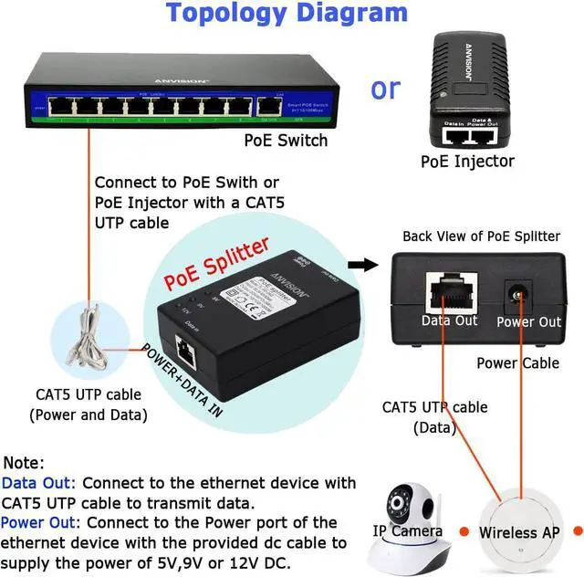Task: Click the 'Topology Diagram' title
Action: pyautogui.click(x=287, y=14)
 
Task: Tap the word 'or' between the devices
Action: pyautogui.click(x=385, y=89)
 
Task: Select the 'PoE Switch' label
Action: pyautogui.click(x=286, y=140)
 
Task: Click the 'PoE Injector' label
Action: pyautogui.click(x=467, y=162)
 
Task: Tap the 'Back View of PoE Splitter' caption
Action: pyautogui.click(x=482, y=236)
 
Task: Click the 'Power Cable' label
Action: pyautogui.click(x=518, y=362)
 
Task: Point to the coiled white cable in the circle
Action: pyautogui.click(x=86, y=338)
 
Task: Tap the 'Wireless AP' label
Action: pyautogui.click(x=520, y=531)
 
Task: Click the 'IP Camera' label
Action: pyautogui.click(x=407, y=531)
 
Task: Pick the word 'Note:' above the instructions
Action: pyautogui.click(x=24, y=463)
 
